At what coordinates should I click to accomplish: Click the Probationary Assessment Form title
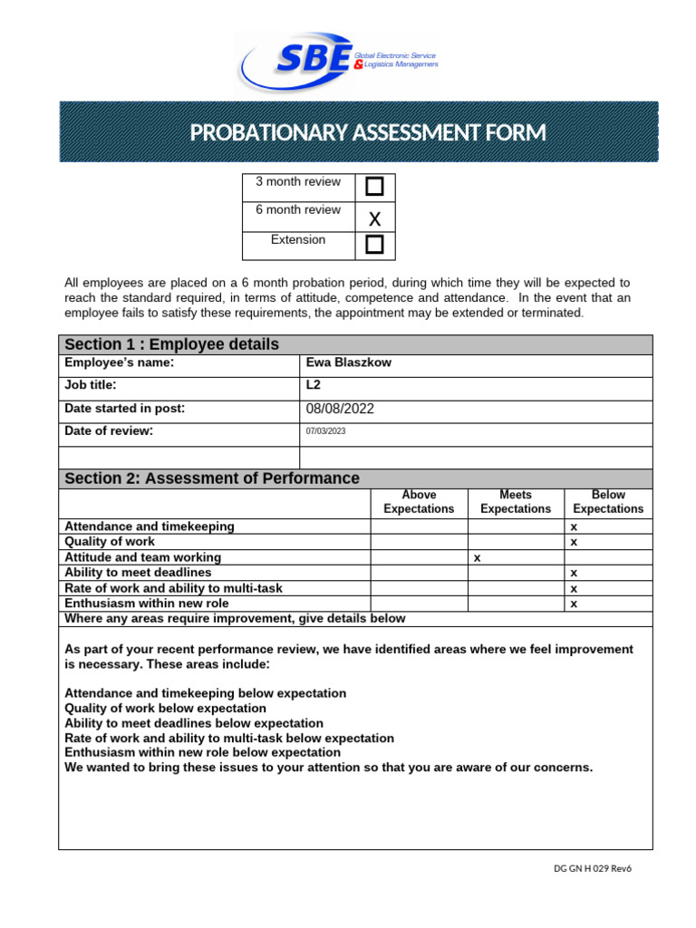pyautogui.click(x=367, y=133)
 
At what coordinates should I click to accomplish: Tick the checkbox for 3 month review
pyautogui.click(x=374, y=188)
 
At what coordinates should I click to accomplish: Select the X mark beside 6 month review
pyautogui.click(x=374, y=217)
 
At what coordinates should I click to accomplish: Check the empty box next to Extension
pyautogui.click(x=374, y=245)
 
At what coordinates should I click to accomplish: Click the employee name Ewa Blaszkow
pyautogui.click(x=337, y=362)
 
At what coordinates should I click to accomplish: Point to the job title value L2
pyautogui.click(x=314, y=385)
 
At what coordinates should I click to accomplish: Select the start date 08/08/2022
pyautogui.click(x=340, y=409)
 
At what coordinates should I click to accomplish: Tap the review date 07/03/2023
pyautogui.click(x=326, y=431)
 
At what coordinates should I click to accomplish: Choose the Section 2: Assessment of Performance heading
pyautogui.click(x=212, y=478)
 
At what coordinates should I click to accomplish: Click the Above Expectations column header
pyautogui.click(x=419, y=502)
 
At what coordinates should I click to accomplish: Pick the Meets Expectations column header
pyautogui.click(x=515, y=502)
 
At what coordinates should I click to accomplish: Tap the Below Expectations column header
pyautogui.click(x=608, y=502)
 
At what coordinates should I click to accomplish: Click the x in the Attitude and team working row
pyautogui.click(x=477, y=558)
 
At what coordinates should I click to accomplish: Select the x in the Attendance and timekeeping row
pyautogui.click(x=574, y=527)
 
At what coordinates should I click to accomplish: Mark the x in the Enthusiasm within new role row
pyautogui.click(x=574, y=604)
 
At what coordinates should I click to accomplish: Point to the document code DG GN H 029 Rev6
pyautogui.click(x=592, y=868)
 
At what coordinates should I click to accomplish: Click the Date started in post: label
pyautogui.click(x=124, y=409)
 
